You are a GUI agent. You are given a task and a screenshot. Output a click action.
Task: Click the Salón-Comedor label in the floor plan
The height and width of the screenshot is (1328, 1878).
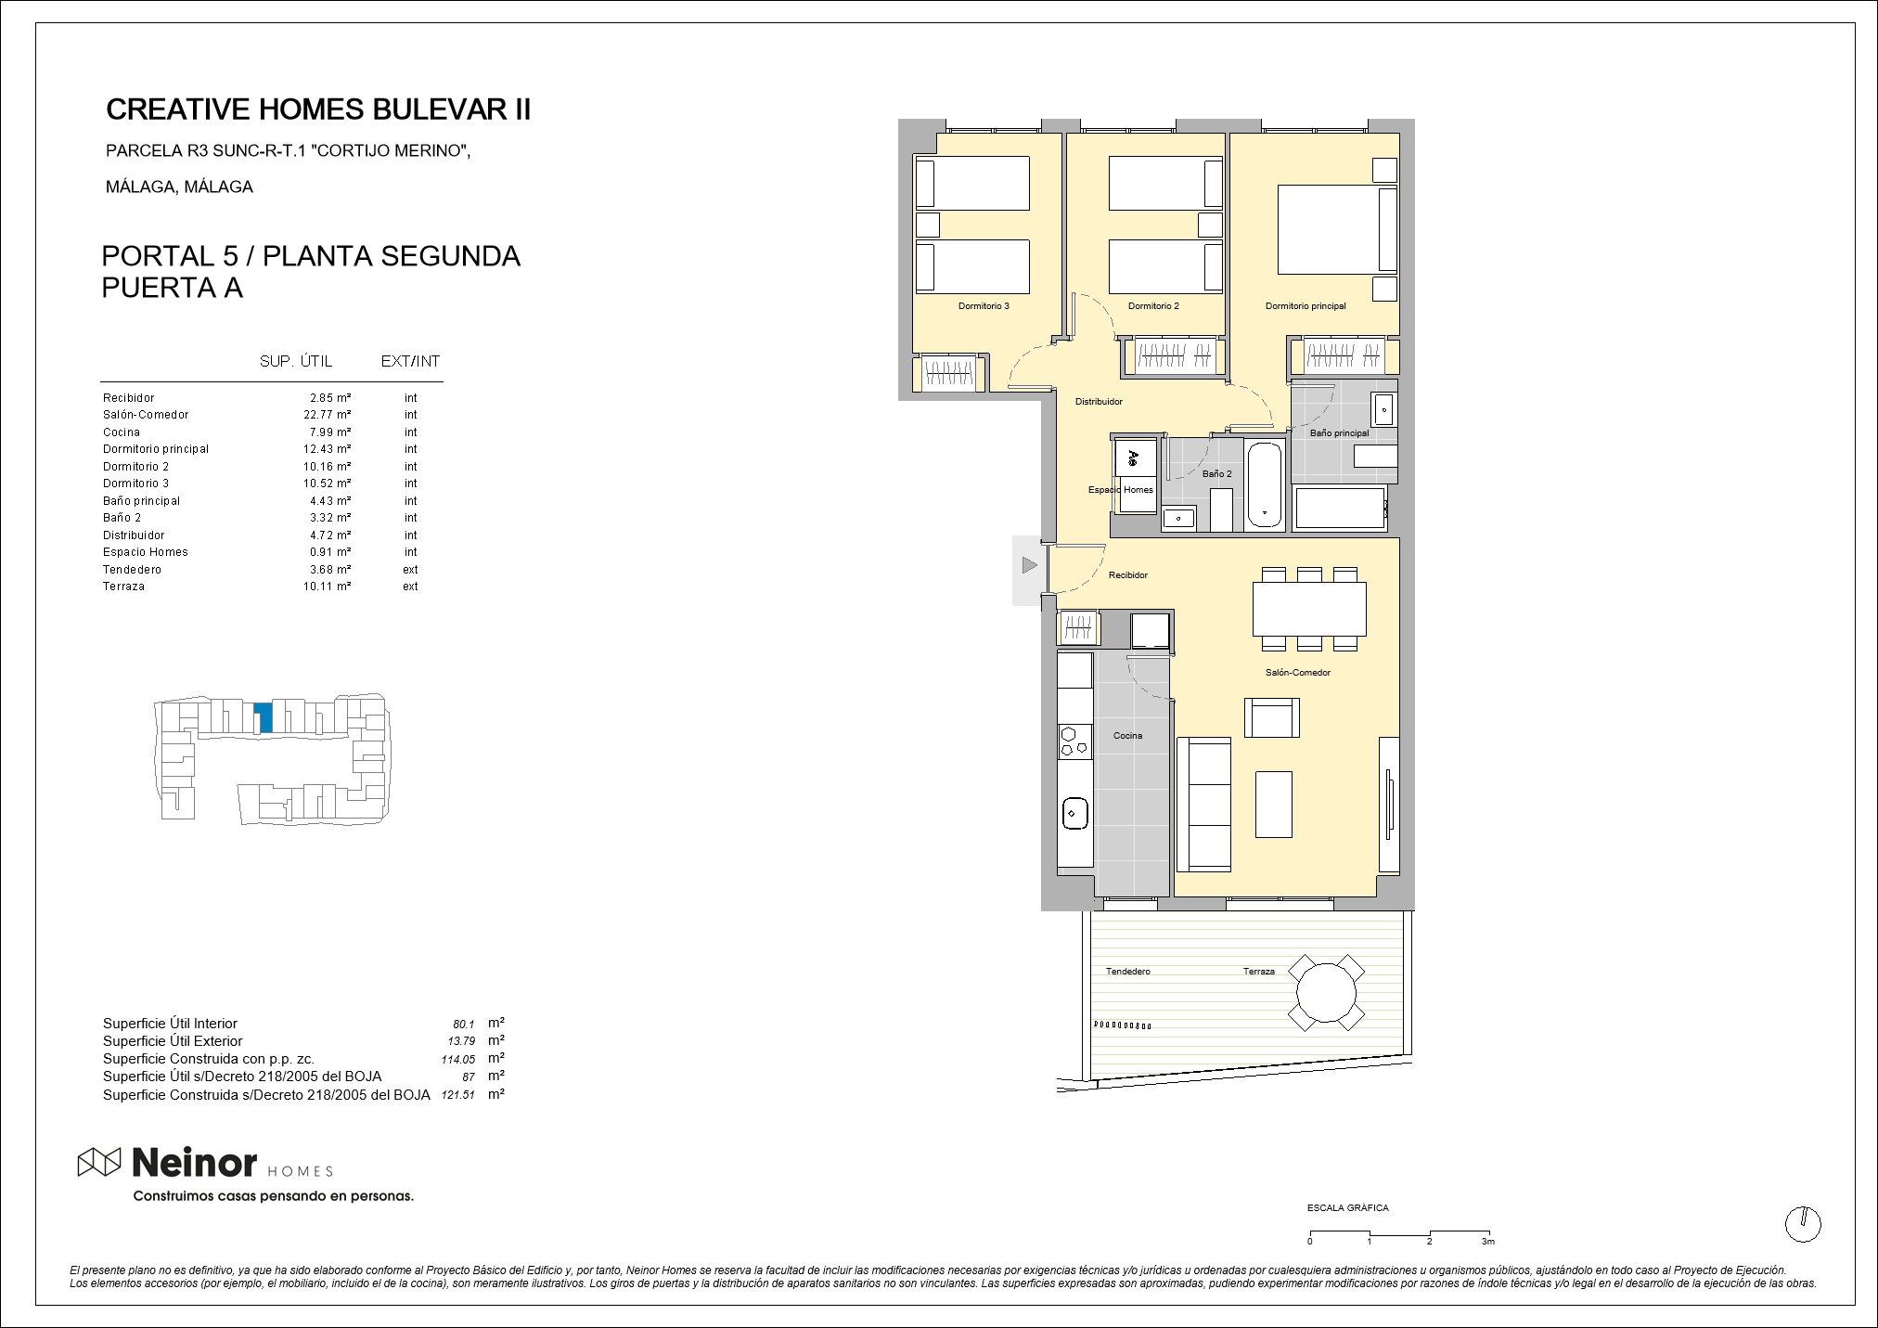tap(1298, 673)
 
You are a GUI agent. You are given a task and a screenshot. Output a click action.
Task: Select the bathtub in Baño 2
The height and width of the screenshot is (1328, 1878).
tap(1264, 484)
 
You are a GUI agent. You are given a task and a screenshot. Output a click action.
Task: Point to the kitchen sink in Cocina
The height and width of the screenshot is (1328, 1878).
tap(1074, 814)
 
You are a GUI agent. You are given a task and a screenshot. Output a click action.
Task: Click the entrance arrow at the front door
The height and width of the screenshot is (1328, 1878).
tap(1028, 564)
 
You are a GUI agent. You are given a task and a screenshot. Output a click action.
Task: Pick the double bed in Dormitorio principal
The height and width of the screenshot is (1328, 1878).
tap(1337, 229)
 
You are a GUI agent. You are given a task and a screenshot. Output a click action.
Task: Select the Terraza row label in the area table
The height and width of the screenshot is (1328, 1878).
tap(123, 587)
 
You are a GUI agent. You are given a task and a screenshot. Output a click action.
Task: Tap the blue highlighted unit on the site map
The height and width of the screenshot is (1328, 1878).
tap(264, 717)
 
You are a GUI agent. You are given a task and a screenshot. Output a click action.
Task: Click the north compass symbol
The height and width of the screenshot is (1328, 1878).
tap(1803, 1224)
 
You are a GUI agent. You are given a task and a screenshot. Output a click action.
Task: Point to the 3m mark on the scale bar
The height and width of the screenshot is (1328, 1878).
tap(1488, 1242)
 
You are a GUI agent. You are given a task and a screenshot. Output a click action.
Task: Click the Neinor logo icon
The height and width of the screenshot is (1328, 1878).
tap(99, 1162)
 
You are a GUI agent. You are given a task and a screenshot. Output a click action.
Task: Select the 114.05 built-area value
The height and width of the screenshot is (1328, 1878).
tap(457, 1059)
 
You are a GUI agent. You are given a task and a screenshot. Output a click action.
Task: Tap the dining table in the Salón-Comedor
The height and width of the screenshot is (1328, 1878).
tap(1309, 609)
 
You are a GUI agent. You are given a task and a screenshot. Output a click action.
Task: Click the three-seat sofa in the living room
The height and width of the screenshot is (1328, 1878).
tap(1203, 804)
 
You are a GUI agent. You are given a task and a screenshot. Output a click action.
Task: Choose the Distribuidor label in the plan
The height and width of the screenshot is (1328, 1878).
tap(1099, 402)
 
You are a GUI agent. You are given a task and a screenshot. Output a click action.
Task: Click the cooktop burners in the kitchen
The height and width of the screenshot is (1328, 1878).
tap(1074, 741)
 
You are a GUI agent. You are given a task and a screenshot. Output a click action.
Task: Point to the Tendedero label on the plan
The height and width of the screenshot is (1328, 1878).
tap(1127, 972)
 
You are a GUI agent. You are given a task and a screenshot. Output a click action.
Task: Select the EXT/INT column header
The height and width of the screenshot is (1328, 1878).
tap(410, 362)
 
